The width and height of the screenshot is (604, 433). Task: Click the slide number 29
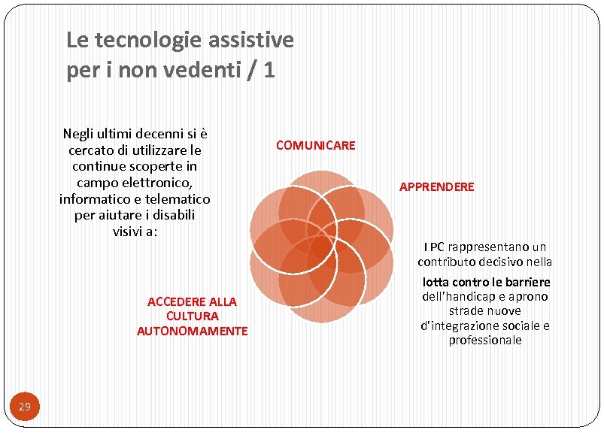tap(25, 407)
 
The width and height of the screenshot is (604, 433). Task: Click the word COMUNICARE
tap(315, 145)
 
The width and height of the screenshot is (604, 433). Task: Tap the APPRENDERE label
tap(436, 186)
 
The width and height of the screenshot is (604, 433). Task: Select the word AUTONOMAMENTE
tap(192, 331)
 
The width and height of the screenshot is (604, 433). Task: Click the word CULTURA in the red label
tap(193, 316)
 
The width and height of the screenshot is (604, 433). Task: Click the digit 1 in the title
tap(269, 70)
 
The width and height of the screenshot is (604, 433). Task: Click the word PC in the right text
tap(437, 247)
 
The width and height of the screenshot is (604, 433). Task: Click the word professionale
tap(485, 340)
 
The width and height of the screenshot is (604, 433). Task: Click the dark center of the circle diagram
tap(321, 247)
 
